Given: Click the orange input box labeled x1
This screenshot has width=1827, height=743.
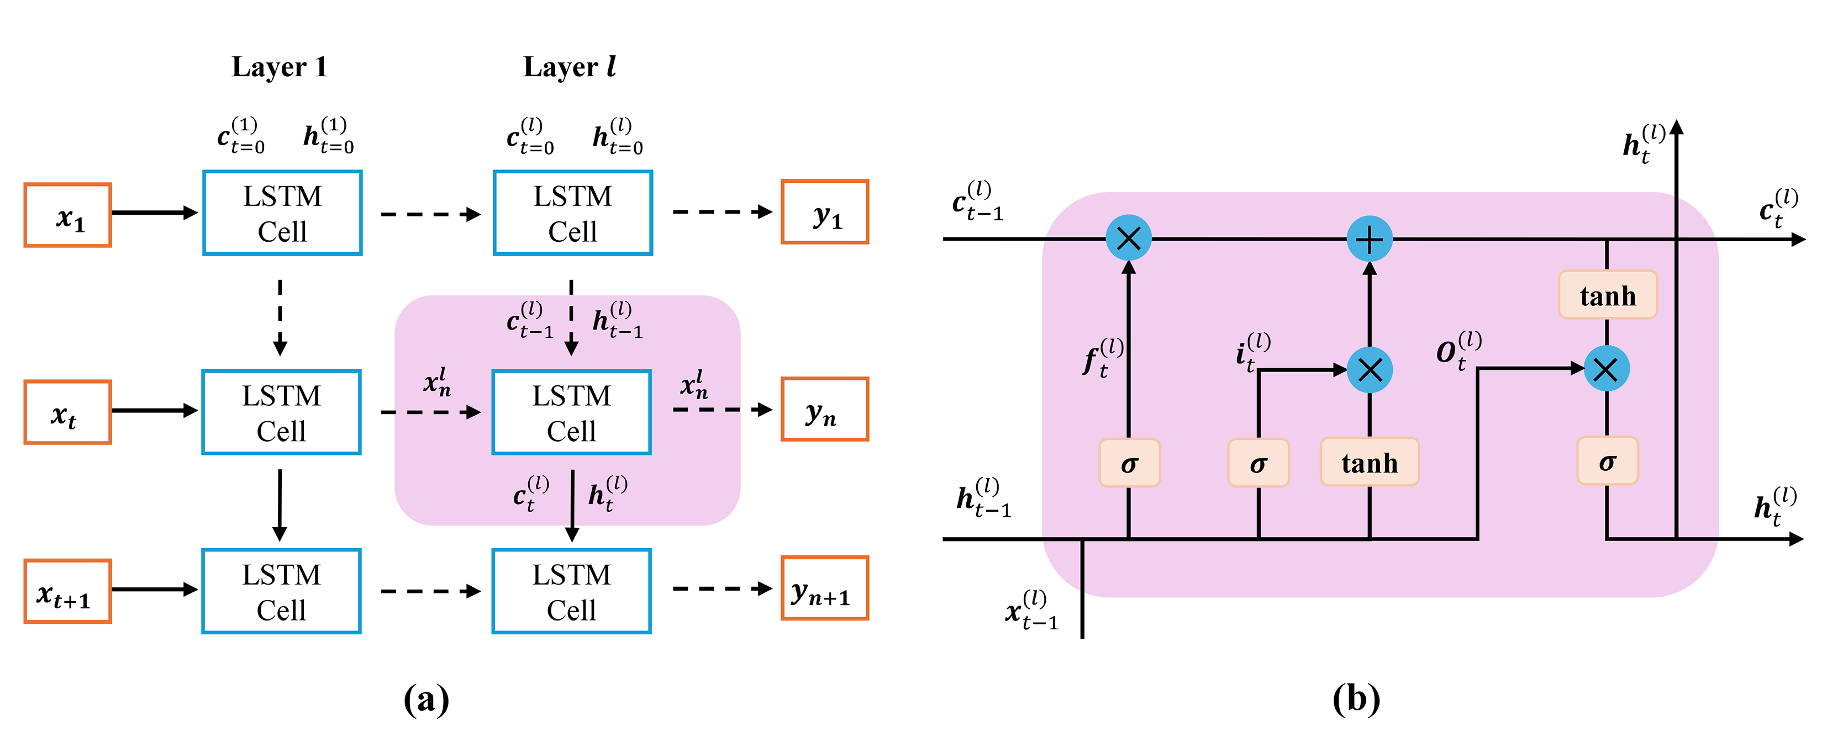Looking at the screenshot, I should point(67,215).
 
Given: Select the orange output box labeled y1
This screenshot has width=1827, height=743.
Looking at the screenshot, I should point(824,212).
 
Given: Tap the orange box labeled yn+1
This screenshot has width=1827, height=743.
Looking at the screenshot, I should point(824,588).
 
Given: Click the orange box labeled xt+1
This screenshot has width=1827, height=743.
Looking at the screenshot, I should point(67,591).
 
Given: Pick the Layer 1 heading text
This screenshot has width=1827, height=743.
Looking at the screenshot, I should point(280,67).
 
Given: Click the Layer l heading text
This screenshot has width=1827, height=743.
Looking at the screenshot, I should point(570,67).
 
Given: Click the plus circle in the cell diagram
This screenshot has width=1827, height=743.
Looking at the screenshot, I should point(1369,239).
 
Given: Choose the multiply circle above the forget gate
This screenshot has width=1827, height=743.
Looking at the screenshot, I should point(1128,238).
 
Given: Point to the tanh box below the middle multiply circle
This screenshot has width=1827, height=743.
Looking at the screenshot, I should point(1369,462).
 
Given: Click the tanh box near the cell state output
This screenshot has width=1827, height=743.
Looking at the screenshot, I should point(1607,295).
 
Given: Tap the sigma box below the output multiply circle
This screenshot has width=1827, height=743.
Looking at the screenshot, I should point(1607,461).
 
